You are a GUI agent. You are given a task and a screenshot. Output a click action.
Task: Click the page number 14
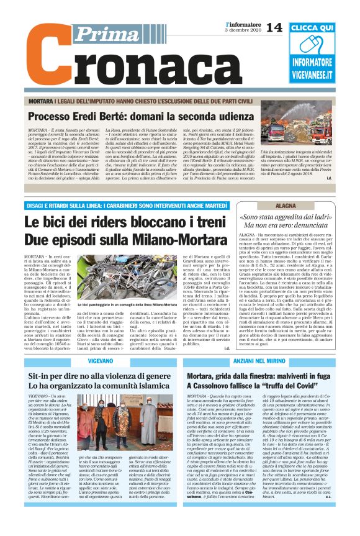(274, 27)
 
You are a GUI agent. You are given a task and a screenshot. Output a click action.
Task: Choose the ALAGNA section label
(286, 205)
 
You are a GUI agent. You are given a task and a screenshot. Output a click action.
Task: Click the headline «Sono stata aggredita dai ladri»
(286, 217)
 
